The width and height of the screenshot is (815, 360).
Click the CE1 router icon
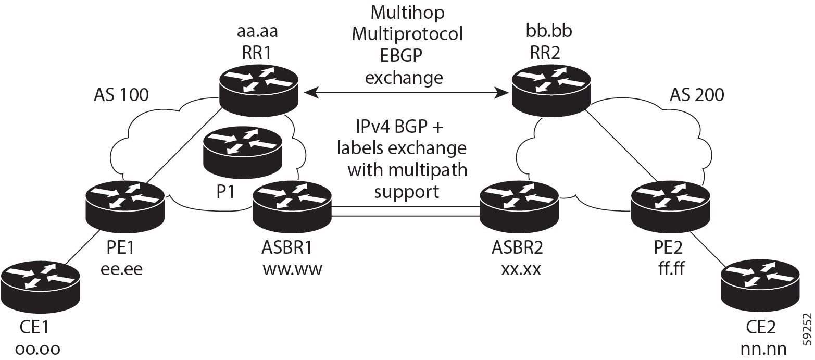(41, 284)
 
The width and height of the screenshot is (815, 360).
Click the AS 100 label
(121, 95)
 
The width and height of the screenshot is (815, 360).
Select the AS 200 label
(697, 95)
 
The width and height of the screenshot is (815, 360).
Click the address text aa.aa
(257, 32)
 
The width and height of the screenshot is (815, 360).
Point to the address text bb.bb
(549, 32)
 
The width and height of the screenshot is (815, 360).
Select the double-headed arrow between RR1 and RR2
(406, 93)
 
